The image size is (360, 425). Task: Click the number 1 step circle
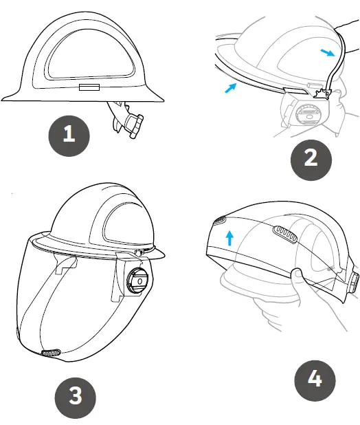click(x=69, y=134)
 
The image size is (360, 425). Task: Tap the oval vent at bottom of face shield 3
click(x=50, y=353)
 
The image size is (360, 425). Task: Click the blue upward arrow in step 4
click(x=230, y=239)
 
